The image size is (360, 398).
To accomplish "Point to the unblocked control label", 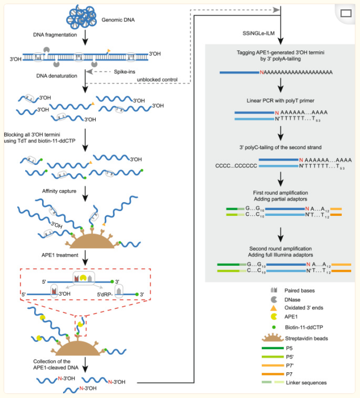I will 157,79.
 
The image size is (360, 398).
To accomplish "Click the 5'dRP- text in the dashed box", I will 106,294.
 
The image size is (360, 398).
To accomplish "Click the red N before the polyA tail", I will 261,72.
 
